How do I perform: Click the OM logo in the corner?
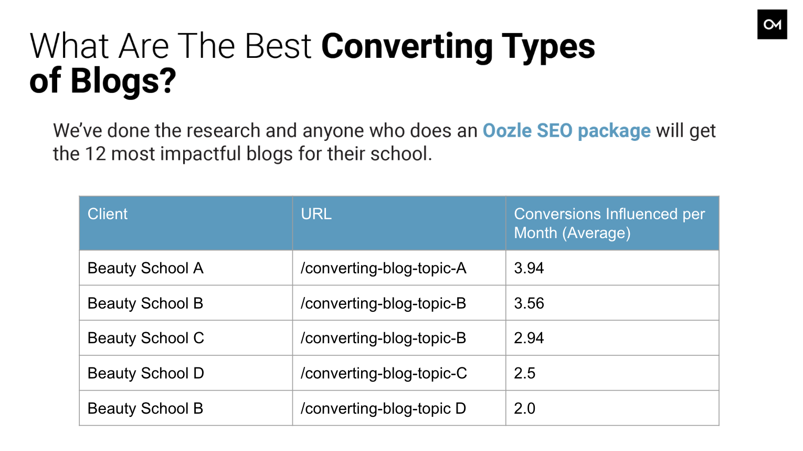(772, 24)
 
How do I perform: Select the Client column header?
(107, 214)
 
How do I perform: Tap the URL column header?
(316, 214)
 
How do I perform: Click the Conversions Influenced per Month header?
(609, 223)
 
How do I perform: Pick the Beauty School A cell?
(145, 268)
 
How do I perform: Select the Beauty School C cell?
(145, 338)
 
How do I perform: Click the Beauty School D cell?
(145, 373)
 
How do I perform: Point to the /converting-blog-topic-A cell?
(383, 268)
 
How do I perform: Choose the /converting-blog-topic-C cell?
(384, 373)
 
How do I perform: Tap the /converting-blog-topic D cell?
(383, 408)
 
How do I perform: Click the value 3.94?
(529, 268)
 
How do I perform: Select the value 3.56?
(529, 303)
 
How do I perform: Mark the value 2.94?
(529, 338)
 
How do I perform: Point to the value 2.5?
(524, 373)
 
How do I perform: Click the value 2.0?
(524, 408)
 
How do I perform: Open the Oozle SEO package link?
(566, 131)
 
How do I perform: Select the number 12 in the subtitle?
(96, 153)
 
